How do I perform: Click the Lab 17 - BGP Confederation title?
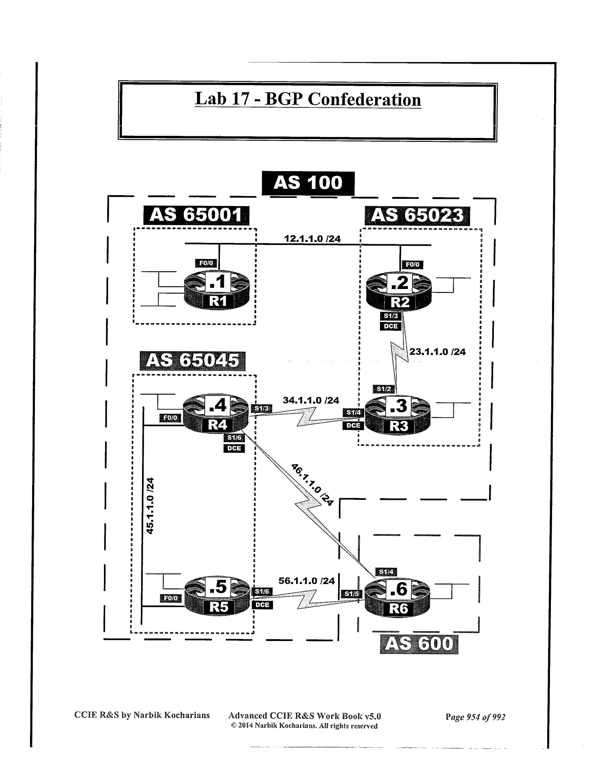[x=308, y=99]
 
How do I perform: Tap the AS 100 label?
[x=308, y=183]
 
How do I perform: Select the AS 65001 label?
[x=196, y=215]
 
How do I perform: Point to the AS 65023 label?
[x=417, y=215]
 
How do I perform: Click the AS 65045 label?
[x=192, y=360]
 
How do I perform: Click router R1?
[x=217, y=290]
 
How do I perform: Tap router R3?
[x=398, y=416]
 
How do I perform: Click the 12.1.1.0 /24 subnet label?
[x=312, y=239]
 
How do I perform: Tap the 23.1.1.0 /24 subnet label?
[x=437, y=352]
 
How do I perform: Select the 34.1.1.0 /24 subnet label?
[x=311, y=400]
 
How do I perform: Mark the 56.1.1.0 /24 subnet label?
[x=307, y=581]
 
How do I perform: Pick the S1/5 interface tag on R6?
[x=351, y=594]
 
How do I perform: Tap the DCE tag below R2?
[x=390, y=326]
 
